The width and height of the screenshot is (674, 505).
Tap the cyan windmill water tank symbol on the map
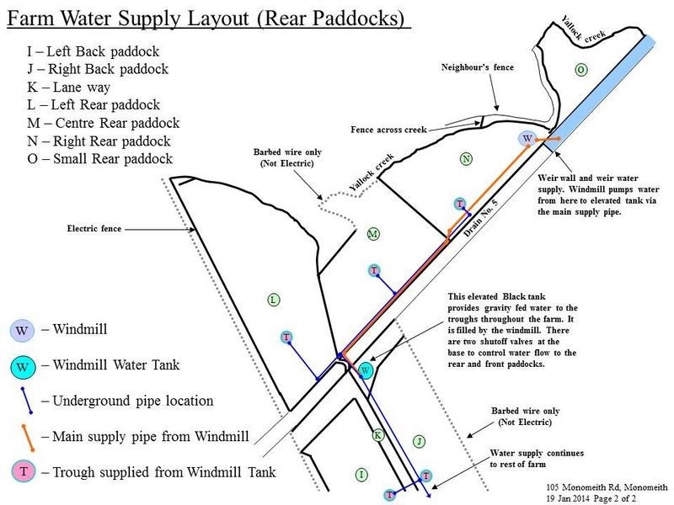tap(365, 370)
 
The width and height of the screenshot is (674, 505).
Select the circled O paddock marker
tap(580, 69)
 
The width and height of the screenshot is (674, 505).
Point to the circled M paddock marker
tap(373, 233)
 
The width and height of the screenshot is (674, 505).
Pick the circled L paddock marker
tap(272, 299)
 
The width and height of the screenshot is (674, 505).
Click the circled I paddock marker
tap(361, 476)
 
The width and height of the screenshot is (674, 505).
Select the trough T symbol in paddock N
tap(460, 204)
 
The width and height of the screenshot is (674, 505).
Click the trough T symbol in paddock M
tap(374, 270)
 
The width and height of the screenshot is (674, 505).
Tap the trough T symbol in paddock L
tap(286, 338)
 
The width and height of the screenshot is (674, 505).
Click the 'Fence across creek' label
tap(389, 130)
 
